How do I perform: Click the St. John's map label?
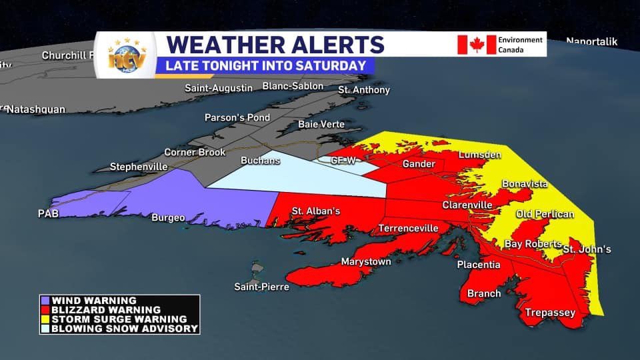[x=587, y=250]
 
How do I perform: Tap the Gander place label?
[x=419, y=164]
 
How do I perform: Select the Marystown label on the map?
[x=366, y=261]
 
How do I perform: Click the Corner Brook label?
[x=195, y=152]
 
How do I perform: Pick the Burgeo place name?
[x=168, y=217]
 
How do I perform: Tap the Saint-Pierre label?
[x=261, y=287]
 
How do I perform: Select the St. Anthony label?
[x=363, y=90]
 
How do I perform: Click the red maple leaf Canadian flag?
[x=476, y=45]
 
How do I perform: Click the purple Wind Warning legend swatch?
[x=45, y=301]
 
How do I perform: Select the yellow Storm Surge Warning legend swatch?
[x=45, y=319]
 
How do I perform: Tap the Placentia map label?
[x=478, y=265]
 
